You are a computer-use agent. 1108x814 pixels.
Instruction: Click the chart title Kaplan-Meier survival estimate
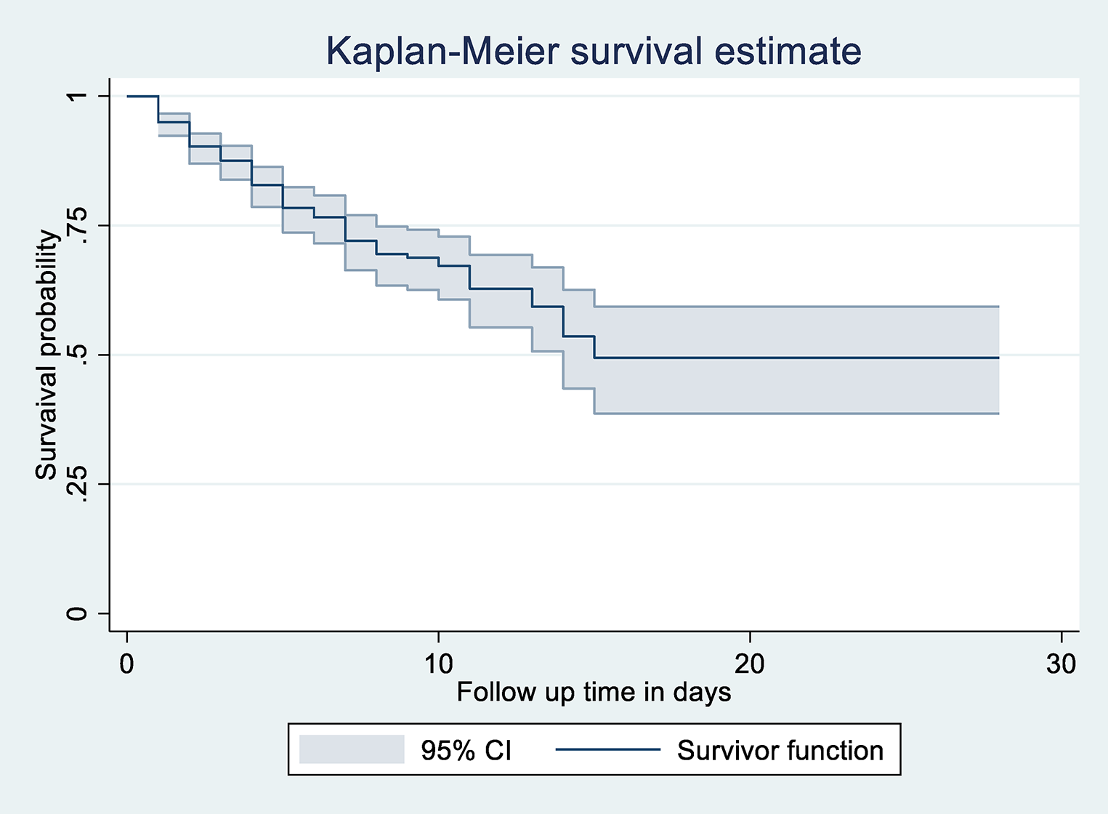(x=593, y=51)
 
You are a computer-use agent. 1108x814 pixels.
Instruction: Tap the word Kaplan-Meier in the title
(x=442, y=51)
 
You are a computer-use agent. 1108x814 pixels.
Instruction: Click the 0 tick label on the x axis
(x=127, y=664)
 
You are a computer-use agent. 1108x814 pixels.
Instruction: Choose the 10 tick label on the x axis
(x=438, y=664)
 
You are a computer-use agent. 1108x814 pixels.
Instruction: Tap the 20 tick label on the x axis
(x=750, y=664)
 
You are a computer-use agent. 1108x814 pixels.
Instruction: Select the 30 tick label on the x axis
(x=1061, y=664)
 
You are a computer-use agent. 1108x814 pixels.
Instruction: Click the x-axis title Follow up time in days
(x=594, y=692)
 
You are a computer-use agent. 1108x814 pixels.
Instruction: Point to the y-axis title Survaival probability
(x=46, y=355)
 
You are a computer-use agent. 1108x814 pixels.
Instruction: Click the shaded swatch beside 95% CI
(x=352, y=749)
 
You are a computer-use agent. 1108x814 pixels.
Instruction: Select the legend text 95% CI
(x=466, y=750)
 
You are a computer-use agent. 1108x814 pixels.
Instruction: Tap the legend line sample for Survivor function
(x=608, y=750)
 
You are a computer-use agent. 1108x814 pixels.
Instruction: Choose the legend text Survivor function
(x=780, y=750)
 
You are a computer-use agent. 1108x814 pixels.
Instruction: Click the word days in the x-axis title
(x=702, y=693)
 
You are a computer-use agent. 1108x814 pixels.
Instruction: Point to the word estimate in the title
(x=788, y=51)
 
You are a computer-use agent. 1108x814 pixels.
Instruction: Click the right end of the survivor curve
(x=998, y=358)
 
